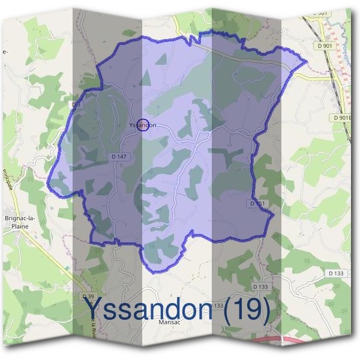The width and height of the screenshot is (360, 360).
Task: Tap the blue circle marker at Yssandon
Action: click(143, 125)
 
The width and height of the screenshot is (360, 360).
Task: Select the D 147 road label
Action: click(119, 157)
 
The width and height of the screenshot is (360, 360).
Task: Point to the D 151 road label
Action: click(257, 203)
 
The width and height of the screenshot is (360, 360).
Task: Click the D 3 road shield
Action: click(76, 104)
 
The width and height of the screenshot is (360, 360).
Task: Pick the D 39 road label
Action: click(88, 296)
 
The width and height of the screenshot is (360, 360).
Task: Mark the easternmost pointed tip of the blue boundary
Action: click(307, 61)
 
